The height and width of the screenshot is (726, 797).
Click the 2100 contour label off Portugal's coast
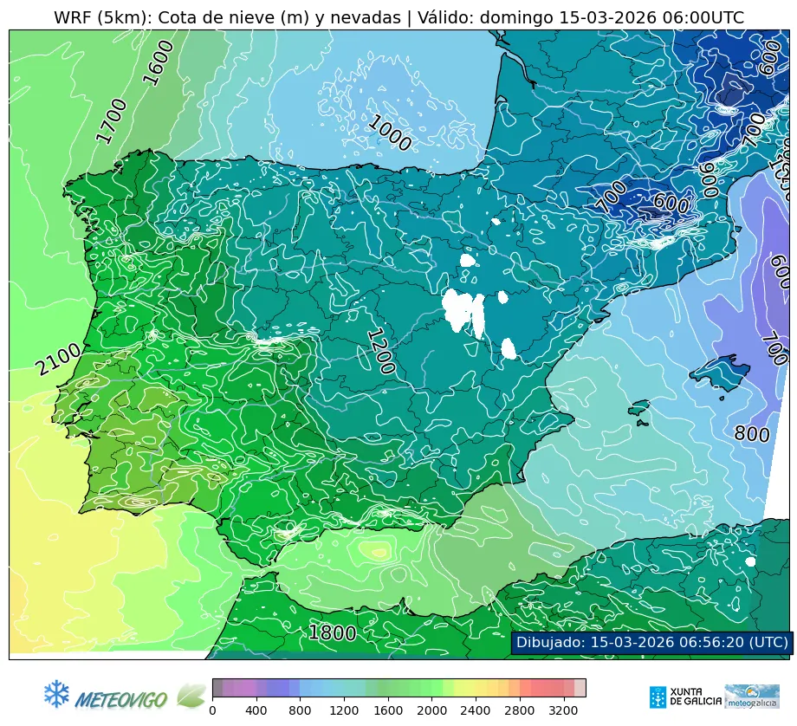pos(58,360)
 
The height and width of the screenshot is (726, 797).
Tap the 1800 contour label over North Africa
pos(333,633)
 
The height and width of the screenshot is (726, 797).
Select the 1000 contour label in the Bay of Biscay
pos(388,133)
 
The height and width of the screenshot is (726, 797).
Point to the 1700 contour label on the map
pos(111,120)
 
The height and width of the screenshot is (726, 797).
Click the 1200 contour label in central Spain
pos(379,351)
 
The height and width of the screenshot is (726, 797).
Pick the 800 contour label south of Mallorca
pos(751,434)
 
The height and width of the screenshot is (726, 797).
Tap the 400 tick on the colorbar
pos(256,711)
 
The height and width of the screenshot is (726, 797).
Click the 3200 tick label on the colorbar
pos(564,711)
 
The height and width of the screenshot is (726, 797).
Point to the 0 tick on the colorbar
pos(212,711)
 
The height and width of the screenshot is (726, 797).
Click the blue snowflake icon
pos(56,693)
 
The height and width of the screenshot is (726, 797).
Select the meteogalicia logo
pos(751,696)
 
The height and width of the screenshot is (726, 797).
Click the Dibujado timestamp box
pos(651,642)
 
